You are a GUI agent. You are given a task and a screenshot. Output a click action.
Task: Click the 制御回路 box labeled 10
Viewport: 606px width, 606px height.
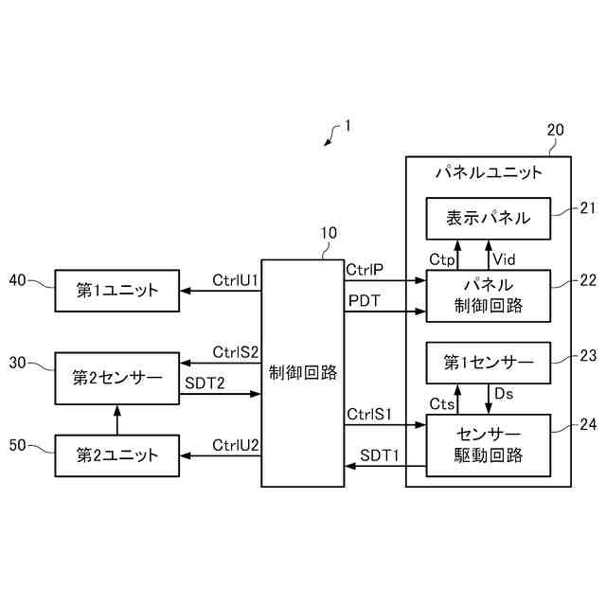[x=302, y=372]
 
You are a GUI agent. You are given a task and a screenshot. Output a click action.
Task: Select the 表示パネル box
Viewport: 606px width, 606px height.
[x=489, y=220]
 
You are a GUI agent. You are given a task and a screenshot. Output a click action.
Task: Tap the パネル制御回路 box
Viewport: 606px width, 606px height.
[x=489, y=294]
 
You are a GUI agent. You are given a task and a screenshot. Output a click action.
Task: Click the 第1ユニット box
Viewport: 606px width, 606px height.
[x=117, y=291]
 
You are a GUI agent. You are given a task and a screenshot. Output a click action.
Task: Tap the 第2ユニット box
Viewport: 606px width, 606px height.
[x=117, y=456]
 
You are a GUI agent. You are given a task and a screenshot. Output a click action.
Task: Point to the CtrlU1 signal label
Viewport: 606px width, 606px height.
[x=236, y=279]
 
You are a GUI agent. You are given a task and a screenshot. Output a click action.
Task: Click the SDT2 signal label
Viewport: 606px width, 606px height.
[x=205, y=383]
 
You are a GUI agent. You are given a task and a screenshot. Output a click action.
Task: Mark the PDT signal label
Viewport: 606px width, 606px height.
[x=365, y=300]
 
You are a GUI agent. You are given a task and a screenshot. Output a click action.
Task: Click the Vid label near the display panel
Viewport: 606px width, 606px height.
[x=505, y=258]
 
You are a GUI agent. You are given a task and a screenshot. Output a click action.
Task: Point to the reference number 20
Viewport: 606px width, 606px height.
[x=556, y=130]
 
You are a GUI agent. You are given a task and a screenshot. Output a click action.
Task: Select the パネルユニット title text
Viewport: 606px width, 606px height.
[x=489, y=173]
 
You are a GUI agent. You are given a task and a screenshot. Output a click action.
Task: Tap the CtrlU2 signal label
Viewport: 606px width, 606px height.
[x=236, y=445]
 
